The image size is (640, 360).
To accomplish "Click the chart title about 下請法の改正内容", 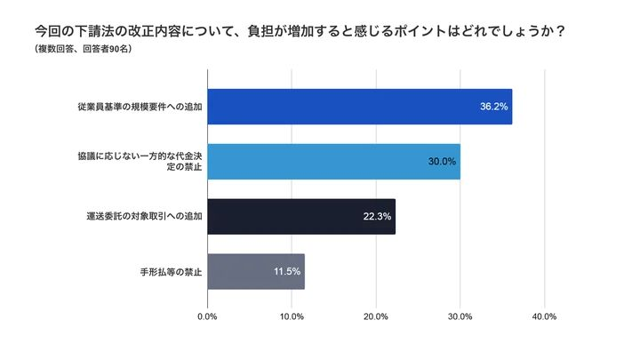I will [294, 30].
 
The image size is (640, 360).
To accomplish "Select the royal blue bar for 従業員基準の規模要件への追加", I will [359, 106].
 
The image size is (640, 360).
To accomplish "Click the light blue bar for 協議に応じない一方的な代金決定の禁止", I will [333, 161].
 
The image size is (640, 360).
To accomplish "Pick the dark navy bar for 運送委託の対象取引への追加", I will [300, 216].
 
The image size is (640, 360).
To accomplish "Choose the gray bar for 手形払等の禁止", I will [255, 271].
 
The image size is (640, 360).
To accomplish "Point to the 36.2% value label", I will [493, 106].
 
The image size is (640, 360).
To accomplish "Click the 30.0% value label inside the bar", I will [442, 161].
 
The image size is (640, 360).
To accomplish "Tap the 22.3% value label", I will [377, 216].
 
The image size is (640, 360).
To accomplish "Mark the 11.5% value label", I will [286, 271].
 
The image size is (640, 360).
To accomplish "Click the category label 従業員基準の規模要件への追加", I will [140, 107].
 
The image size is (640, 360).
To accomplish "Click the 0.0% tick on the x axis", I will [207, 316].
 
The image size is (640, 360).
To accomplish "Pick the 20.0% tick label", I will [375, 316].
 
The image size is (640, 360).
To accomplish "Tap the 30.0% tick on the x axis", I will [460, 316].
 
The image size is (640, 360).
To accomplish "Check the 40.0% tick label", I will [544, 316].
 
